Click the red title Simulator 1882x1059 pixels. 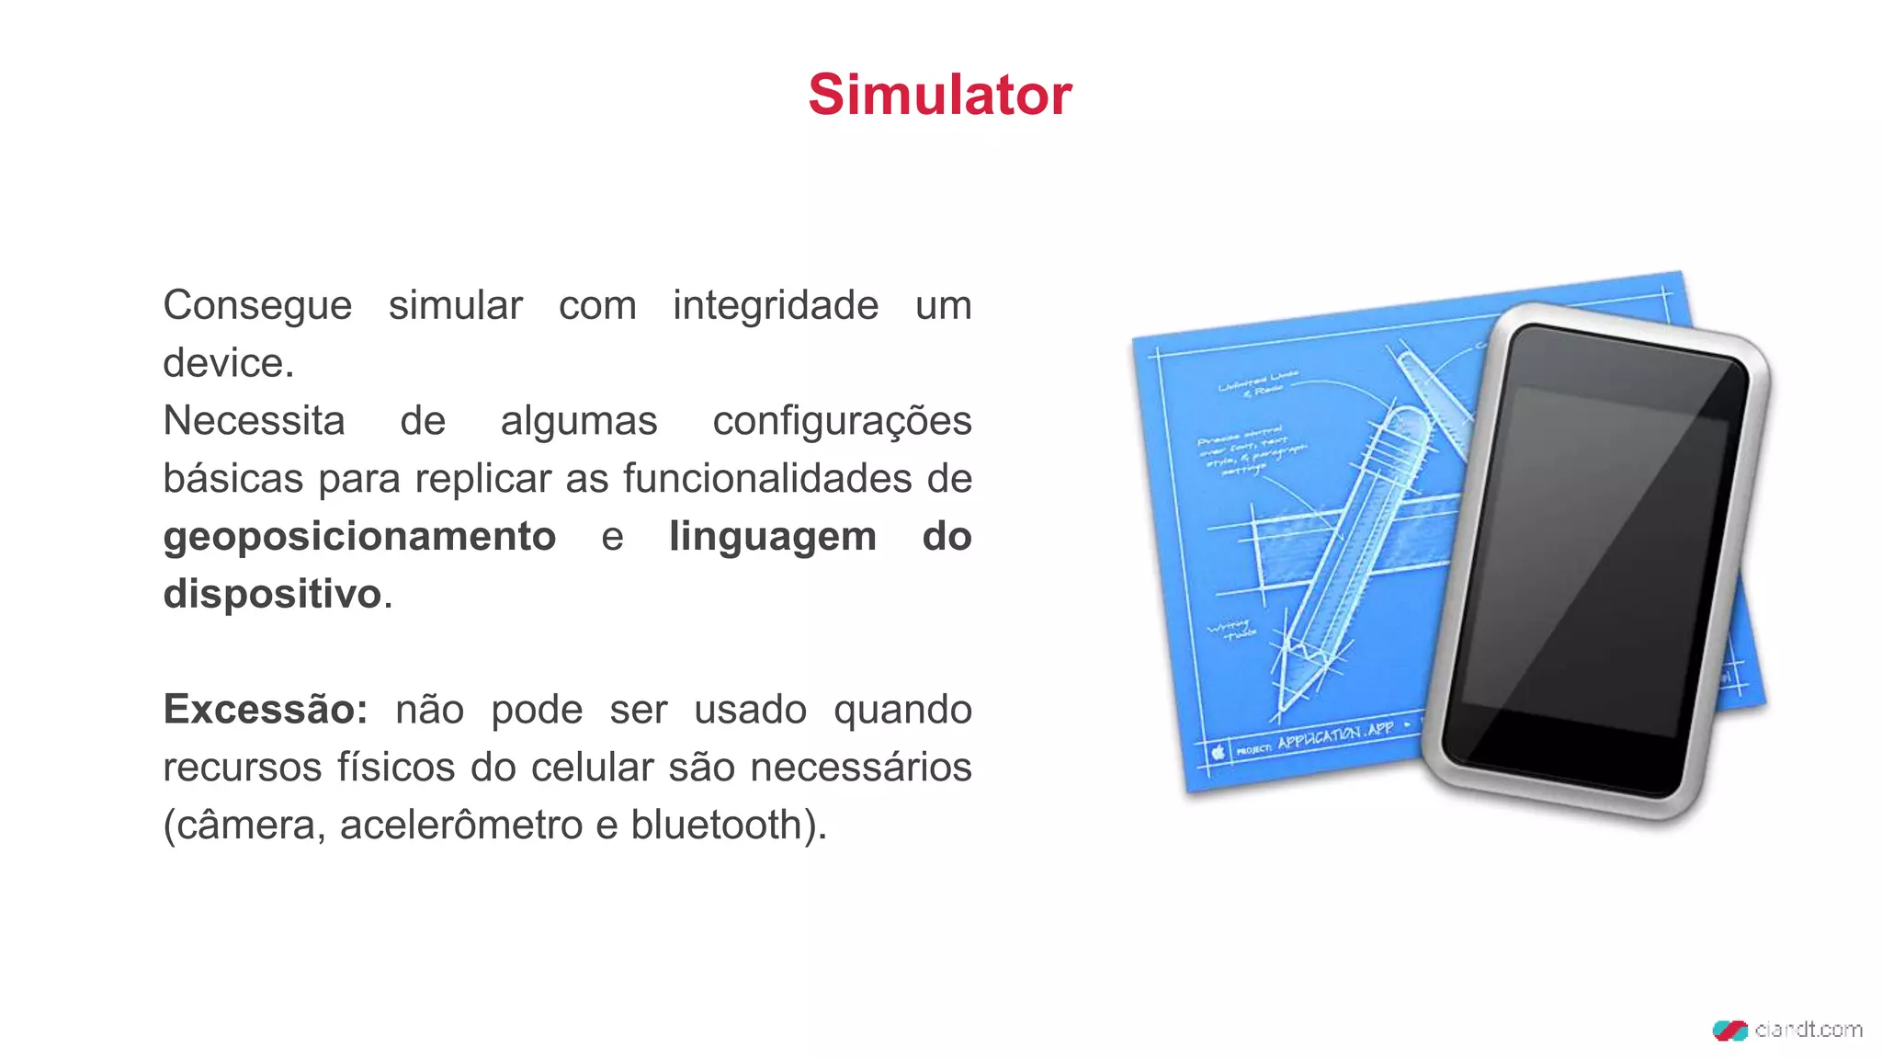coord(940,95)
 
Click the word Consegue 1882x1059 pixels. coord(257,306)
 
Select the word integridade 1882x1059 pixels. coord(776,306)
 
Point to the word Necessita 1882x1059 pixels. coord(254,421)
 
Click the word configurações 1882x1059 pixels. coord(842,421)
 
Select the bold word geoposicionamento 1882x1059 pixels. coord(359,537)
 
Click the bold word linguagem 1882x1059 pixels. coord(773,537)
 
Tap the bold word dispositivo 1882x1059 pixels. coord(272,594)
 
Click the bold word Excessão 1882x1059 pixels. coord(265,710)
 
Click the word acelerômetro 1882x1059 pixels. coord(460,825)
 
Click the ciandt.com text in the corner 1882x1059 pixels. coord(1808,1030)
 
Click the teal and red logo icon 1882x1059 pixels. coord(1729,1031)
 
